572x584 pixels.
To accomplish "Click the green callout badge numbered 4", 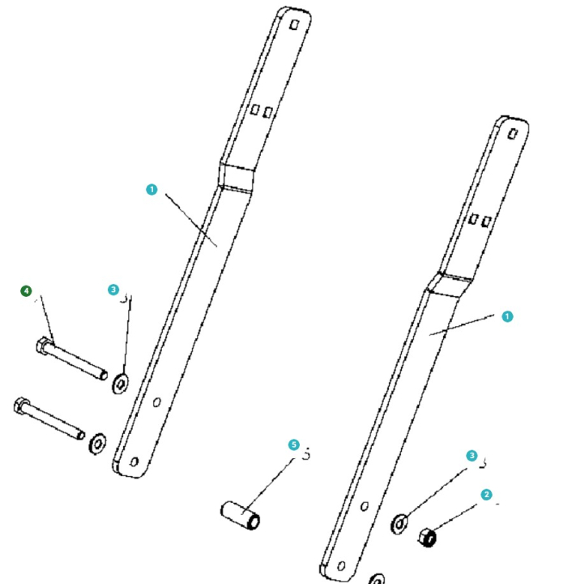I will coord(26,290).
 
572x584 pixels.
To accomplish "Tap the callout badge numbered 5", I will coord(293,444).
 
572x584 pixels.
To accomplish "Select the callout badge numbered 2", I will coord(486,494).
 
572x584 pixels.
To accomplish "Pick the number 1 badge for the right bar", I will coord(507,316).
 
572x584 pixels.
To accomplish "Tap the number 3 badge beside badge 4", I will coord(113,290).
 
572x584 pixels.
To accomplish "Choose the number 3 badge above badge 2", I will coord(472,456).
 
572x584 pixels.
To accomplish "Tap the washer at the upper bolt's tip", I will coord(121,382).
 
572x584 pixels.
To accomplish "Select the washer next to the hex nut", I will coord(399,523).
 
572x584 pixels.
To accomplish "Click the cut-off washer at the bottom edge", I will coord(377,579).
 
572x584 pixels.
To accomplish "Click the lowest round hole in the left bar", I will coord(134,462).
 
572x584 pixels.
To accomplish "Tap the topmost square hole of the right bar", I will coord(513,132).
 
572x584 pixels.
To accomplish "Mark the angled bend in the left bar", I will coord(237,177).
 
